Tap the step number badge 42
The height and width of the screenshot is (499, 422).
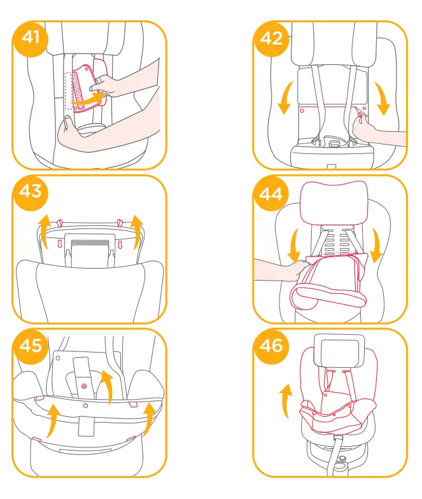coord(272,38)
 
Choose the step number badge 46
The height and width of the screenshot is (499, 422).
coord(272,345)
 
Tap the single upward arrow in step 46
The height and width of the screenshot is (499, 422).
coord(284,399)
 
